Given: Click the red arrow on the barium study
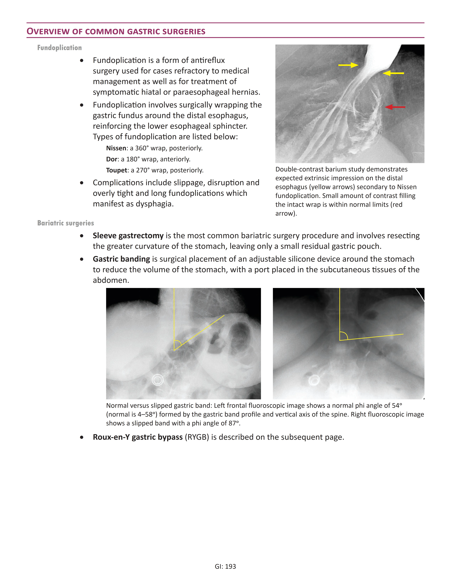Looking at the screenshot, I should pyautogui.click(x=395, y=107).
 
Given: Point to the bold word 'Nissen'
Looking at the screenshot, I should pyautogui.click(x=116, y=148).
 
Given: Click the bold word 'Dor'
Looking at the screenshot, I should pyautogui.click(x=111, y=159).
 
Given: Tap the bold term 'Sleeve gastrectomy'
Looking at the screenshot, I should pyautogui.click(x=128, y=236).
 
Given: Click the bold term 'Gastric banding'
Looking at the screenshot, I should pyautogui.click(x=121, y=259).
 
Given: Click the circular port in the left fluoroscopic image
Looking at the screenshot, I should pyautogui.click(x=158, y=380).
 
